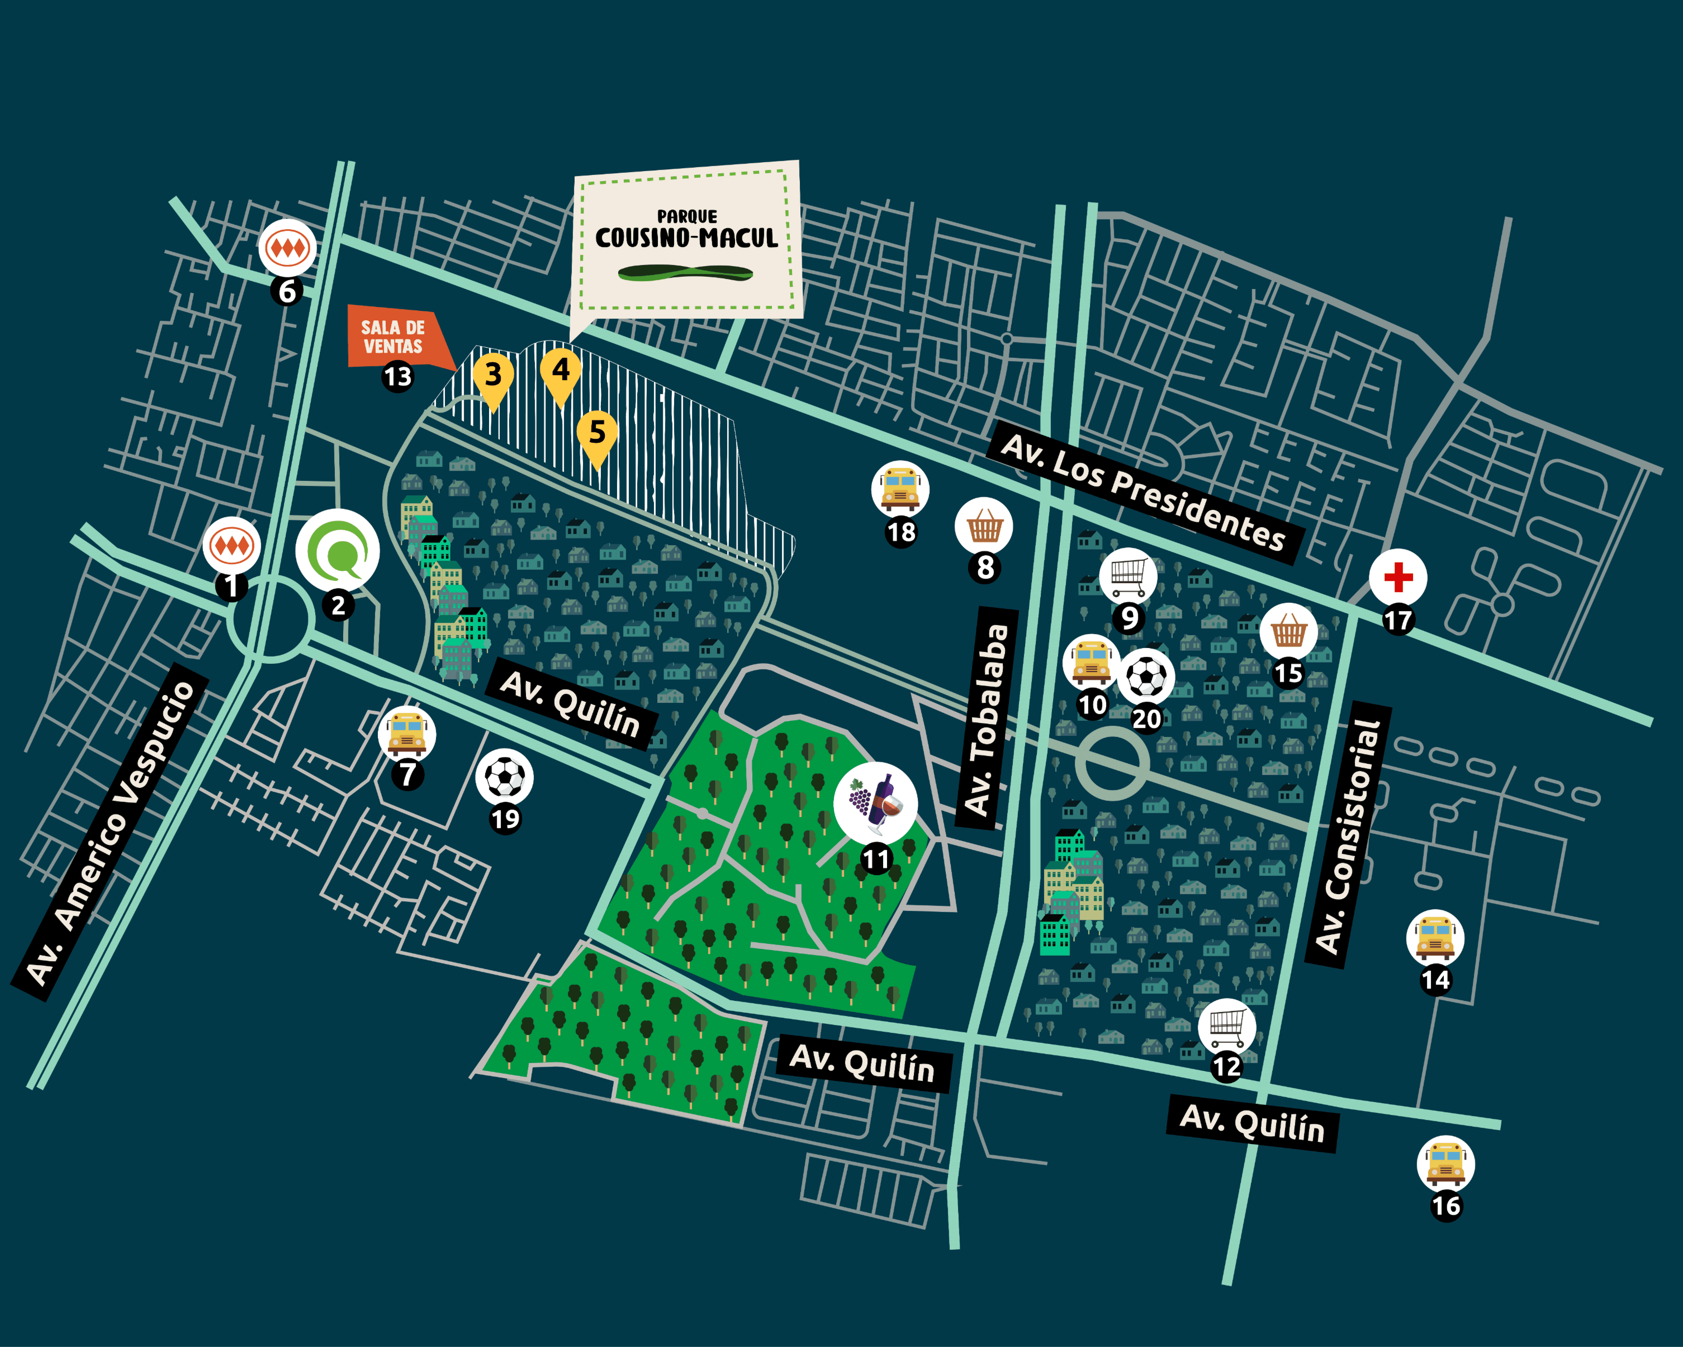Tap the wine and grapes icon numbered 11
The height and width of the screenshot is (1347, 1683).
[875, 802]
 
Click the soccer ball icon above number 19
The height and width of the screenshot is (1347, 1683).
[504, 777]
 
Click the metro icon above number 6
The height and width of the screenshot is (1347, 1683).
[287, 248]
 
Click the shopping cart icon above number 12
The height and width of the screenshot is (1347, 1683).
[1226, 1026]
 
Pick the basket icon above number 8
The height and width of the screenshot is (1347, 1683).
[984, 526]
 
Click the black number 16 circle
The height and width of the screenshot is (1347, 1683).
[1446, 1206]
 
